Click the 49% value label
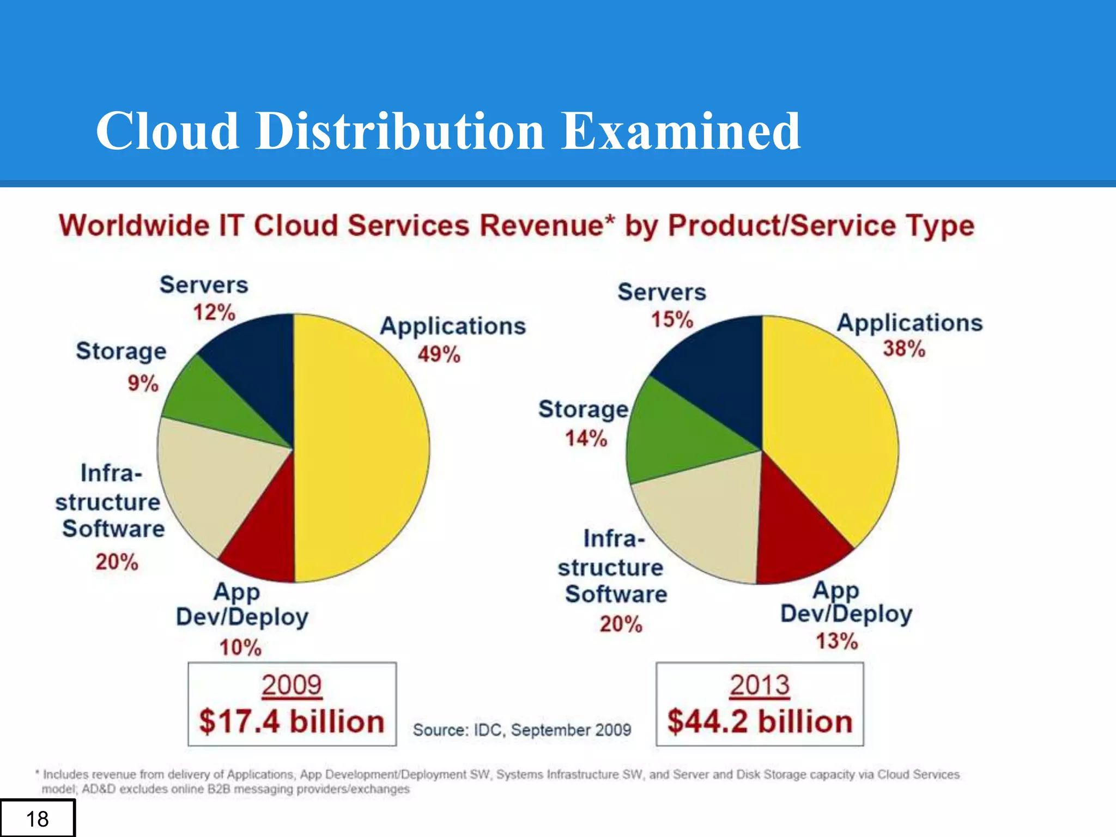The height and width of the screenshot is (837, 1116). click(439, 355)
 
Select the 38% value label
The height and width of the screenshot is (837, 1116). click(904, 349)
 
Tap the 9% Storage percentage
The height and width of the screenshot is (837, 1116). click(143, 383)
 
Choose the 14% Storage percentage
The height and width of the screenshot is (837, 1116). click(586, 438)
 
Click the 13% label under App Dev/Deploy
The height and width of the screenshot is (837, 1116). click(836, 641)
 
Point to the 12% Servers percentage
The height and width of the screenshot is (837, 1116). click(214, 313)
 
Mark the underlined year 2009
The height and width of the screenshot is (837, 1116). click(292, 686)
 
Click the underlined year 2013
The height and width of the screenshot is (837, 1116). click(760, 686)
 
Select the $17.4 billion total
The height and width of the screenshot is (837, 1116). click(292, 721)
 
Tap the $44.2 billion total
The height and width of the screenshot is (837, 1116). click(760, 721)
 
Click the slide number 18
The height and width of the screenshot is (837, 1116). click(37, 819)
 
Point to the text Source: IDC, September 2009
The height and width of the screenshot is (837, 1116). click(521, 730)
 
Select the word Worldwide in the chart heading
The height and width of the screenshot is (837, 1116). click(134, 226)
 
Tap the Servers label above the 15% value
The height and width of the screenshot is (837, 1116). click(662, 293)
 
